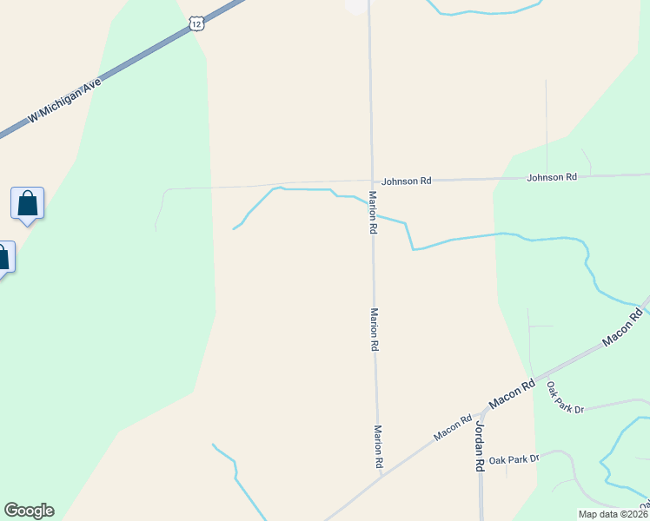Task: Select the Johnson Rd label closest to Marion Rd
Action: pyautogui.click(x=406, y=181)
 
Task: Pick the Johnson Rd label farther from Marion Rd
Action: pyautogui.click(x=551, y=177)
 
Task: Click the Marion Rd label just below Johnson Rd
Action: pyautogui.click(x=372, y=213)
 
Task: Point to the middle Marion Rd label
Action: pyautogui.click(x=375, y=329)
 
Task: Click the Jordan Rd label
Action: pyautogui.click(x=479, y=446)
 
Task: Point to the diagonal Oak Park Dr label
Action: pyautogui.click(x=564, y=398)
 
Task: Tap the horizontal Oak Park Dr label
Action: pyautogui.click(x=514, y=458)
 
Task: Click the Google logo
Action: pyautogui.click(x=29, y=511)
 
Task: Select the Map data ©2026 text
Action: pyautogui.click(x=613, y=514)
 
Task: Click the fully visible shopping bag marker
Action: pyautogui.click(x=27, y=204)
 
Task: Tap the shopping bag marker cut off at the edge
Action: pyautogui.click(x=3, y=258)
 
